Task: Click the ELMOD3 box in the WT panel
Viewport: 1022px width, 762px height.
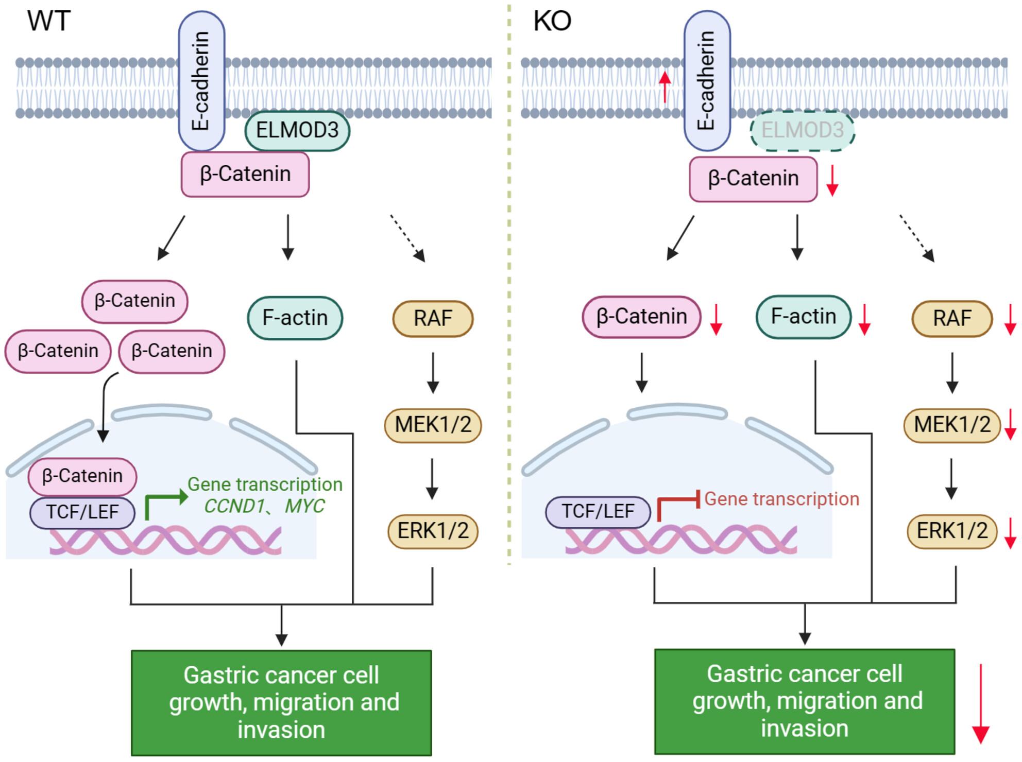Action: tap(297, 131)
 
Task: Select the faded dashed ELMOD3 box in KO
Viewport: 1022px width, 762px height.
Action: tap(803, 131)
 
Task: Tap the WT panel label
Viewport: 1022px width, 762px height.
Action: tap(48, 21)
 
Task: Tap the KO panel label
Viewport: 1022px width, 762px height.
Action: tap(552, 21)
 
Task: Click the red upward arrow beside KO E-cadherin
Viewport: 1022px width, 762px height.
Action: tap(665, 86)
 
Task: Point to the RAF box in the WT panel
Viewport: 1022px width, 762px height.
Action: tap(433, 319)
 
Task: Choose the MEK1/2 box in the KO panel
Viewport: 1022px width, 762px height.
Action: tap(952, 425)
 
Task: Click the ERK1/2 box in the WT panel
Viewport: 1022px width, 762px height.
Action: tap(433, 531)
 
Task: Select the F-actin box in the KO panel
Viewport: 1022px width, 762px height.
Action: tap(804, 317)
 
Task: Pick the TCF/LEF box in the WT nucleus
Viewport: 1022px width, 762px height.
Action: tap(82, 512)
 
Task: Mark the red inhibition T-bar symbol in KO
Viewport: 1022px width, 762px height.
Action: tap(678, 507)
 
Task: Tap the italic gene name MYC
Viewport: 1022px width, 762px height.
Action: tap(304, 506)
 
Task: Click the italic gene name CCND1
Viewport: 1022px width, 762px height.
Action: tap(234, 506)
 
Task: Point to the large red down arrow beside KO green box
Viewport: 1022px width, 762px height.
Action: tap(980, 703)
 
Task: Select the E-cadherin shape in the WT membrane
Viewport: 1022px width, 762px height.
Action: tap(201, 81)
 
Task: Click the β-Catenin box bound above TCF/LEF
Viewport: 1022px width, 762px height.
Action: tap(82, 476)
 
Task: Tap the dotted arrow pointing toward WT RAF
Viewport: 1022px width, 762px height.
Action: tap(407, 238)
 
